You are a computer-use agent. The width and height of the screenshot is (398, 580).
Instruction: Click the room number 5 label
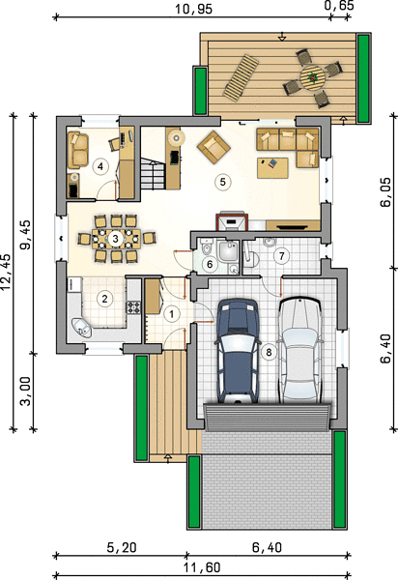pos(222,182)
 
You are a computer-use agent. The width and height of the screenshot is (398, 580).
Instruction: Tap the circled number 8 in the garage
pos(269,352)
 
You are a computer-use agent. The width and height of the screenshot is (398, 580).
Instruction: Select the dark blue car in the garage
pos(237,351)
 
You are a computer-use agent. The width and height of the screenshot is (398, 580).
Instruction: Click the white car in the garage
pos(299,350)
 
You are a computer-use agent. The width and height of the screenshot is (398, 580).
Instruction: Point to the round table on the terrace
pos(312,77)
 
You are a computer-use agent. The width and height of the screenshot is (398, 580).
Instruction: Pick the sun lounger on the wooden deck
pos(241,77)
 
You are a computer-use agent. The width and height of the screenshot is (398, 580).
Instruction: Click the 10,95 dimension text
pos(193,9)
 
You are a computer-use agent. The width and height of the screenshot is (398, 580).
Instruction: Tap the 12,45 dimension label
pos(7,272)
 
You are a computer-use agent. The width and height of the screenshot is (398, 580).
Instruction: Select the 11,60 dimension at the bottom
pos(202,567)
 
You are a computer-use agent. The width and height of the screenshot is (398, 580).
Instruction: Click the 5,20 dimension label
pos(122,547)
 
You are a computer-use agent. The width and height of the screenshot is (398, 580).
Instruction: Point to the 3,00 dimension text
pos(26,391)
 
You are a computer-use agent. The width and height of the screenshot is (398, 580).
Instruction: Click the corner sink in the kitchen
pos(82,327)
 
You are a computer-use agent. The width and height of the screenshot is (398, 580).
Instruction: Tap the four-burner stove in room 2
pos(133,307)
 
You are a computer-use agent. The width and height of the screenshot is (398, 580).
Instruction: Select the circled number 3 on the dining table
pos(115,239)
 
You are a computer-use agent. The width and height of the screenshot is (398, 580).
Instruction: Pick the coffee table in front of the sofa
pos(272,168)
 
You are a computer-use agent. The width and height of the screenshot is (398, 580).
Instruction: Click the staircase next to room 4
pos(153,173)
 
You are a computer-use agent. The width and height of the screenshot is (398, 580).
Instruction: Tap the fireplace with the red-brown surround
pos(232,222)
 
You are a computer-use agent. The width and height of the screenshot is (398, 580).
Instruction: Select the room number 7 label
pos(281,256)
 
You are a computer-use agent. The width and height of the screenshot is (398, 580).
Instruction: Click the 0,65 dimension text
pos(340,5)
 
